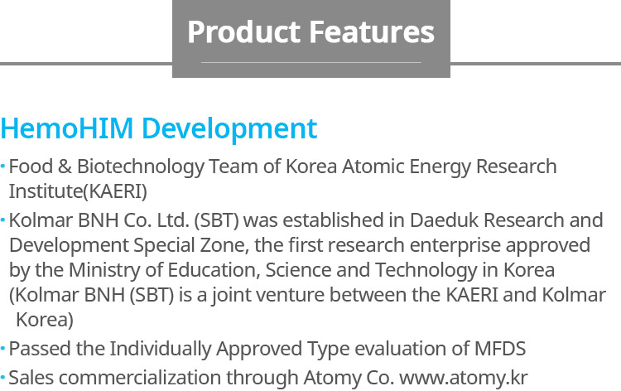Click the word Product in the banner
244,31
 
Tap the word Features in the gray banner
372,31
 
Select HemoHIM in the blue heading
67,128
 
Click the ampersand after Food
65,166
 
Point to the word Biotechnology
141,167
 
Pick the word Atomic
373,166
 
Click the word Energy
440,167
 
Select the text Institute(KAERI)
78,191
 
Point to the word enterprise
455,245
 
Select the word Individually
161,349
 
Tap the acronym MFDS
500,349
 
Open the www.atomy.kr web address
464,378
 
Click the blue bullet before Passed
2,349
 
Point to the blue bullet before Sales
2,378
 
